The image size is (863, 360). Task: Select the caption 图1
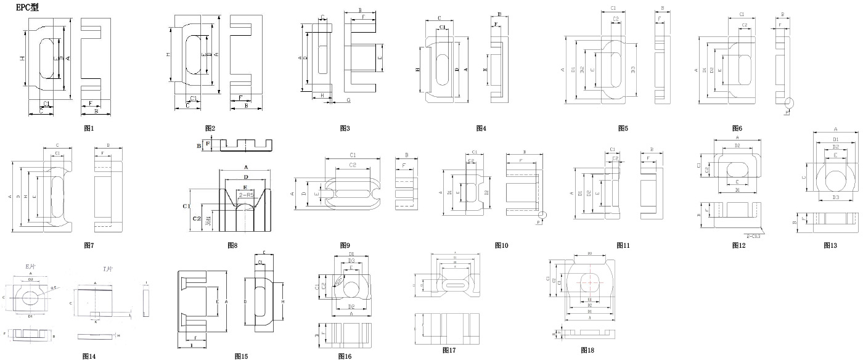click(89, 128)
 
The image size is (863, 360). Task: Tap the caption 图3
click(345, 128)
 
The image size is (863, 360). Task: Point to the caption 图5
click(623, 128)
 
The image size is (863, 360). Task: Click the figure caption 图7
click(89, 245)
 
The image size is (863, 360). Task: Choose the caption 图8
click(232, 245)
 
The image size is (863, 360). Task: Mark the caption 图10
click(501, 245)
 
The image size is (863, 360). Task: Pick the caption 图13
click(830, 245)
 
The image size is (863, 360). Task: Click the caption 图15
click(241, 356)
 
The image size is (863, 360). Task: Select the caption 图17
click(449, 350)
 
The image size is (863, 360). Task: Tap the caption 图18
click(587, 350)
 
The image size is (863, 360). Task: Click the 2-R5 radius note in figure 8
click(247, 195)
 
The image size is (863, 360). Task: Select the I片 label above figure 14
click(107, 269)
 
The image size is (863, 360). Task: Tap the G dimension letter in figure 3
click(348, 99)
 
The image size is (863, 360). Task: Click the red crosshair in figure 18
click(590, 282)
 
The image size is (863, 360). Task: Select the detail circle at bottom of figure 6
click(788, 102)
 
